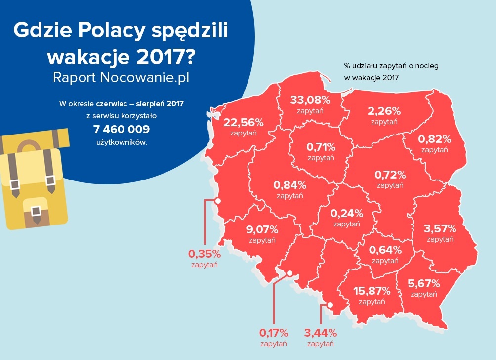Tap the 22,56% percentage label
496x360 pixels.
point(244,123)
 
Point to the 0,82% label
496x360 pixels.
point(435,139)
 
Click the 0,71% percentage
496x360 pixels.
point(321,147)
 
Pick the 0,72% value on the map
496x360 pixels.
point(390,175)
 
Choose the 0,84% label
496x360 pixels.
point(290,185)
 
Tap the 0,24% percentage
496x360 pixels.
point(347,214)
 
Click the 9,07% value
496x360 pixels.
point(262,230)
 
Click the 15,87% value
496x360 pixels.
point(372,291)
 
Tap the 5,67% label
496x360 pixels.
point(424,284)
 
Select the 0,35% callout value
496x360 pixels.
point(204,254)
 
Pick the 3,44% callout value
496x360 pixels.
point(321,333)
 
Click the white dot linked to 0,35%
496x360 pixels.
point(217,201)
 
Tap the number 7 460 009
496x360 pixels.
point(122,130)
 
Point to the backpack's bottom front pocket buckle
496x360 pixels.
point(35,211)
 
